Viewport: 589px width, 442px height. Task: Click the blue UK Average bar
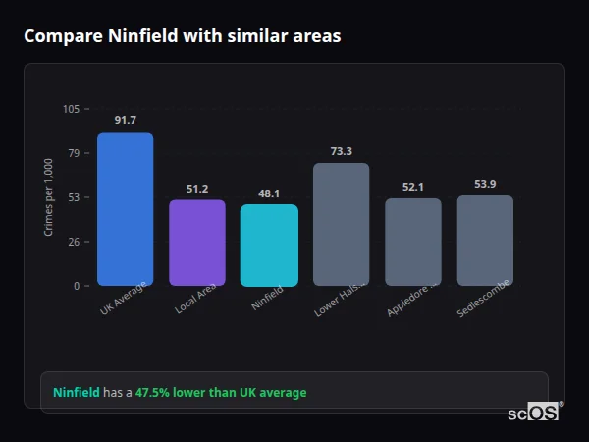[x=125, y=209]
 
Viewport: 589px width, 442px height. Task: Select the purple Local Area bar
[x=197, y=243]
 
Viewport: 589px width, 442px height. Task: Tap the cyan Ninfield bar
[x=269, y=246]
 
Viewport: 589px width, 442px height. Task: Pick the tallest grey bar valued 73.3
[x=341, y=224]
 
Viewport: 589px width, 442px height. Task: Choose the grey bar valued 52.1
[x=413, y=242]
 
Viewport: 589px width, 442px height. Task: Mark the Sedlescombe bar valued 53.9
[x=485, y=241]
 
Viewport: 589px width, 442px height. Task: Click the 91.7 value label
[x=125, y=121]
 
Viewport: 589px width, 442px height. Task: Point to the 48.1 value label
[x=269, y=194]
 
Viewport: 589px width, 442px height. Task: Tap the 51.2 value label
[x=197, y=189]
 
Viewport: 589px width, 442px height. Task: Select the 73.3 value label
[x=341, y=151]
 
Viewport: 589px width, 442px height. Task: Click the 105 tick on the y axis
[x=72, y=109]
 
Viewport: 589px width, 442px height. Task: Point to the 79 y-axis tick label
[x=75, y=153]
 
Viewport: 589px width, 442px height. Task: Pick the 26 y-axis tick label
[x=75, y=242]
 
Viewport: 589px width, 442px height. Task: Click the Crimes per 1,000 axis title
[x=49, y=196]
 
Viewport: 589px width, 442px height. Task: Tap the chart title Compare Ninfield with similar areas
[x=183, y=36]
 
